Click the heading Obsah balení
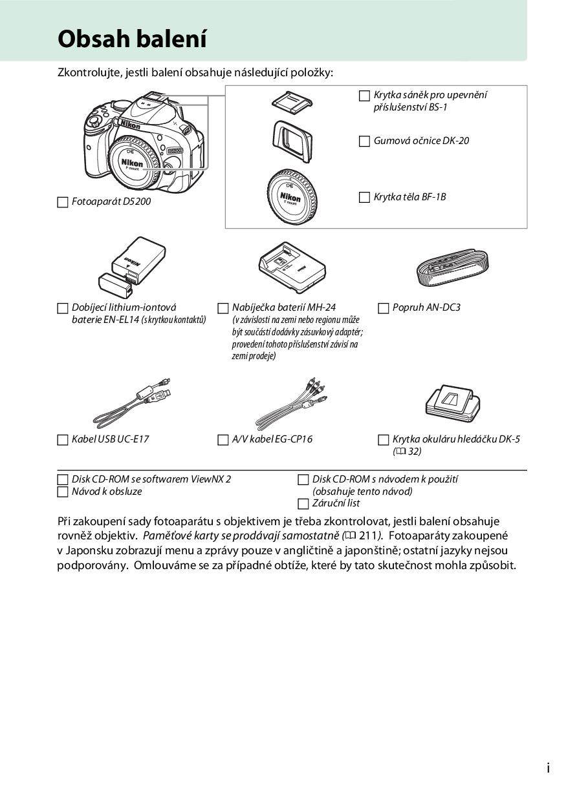(x=132, y=39)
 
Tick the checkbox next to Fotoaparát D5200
(x=63, y=202)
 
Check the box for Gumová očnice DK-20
(x=365, y=141)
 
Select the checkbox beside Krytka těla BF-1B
(x=365, y=198)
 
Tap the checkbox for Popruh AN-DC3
(x=384, y=308)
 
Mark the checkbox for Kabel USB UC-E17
(x=63, y=440)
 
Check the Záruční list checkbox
(x=303, y=504)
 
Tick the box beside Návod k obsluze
(x=63, y=492)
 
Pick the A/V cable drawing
(x=290, y=401)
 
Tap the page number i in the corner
(x=548, y=768)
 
